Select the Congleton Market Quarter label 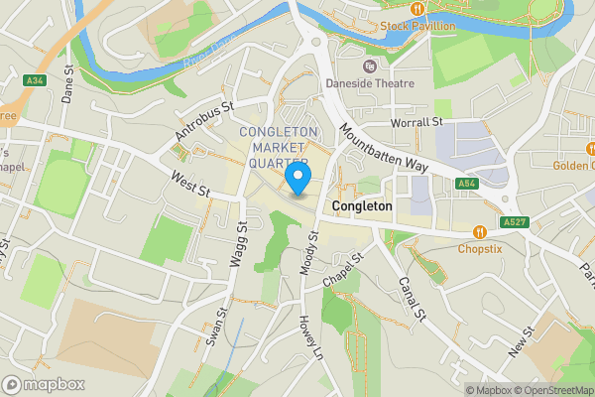280,147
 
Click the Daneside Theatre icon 369,66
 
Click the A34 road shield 36,79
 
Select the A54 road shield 467,184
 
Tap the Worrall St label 416,121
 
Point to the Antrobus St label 204,120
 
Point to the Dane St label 68,85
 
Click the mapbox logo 44,384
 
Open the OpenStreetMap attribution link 548,390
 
